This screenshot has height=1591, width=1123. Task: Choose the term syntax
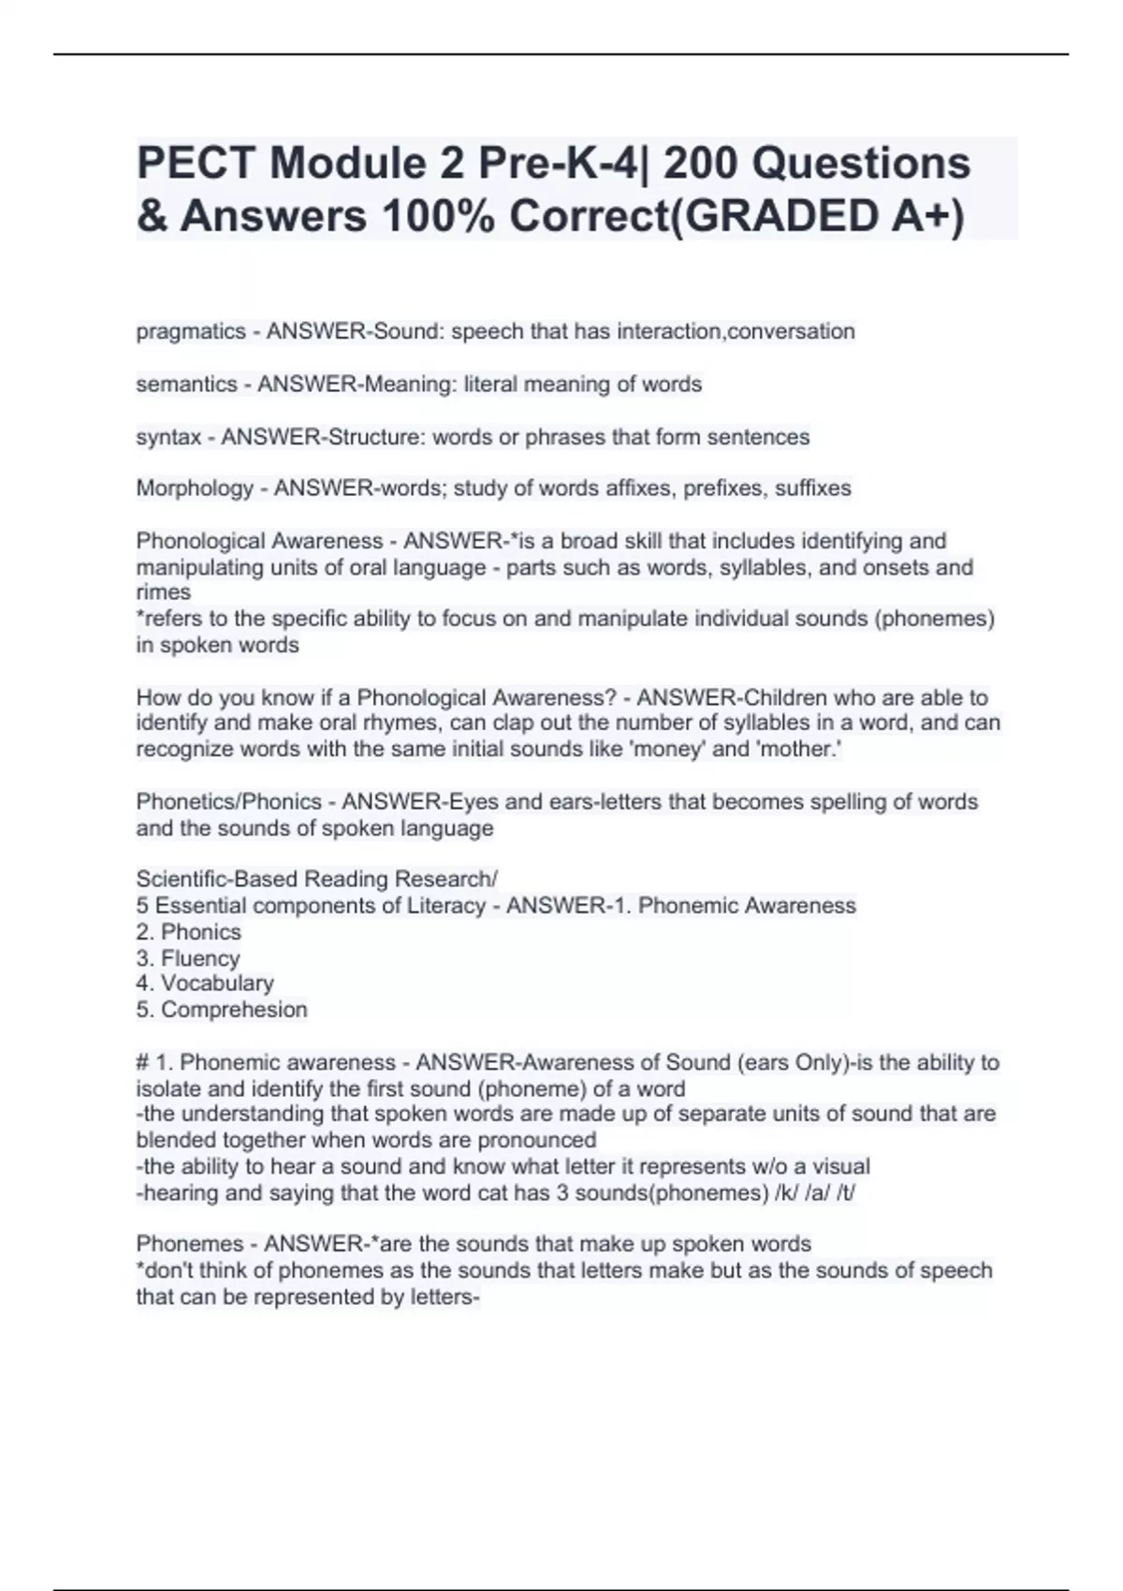168,437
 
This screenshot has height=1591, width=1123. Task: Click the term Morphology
195,489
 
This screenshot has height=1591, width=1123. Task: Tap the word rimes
163,592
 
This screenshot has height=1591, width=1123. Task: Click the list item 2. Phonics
188,932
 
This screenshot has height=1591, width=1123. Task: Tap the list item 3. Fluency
188,958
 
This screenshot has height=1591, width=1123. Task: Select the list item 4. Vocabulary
205,984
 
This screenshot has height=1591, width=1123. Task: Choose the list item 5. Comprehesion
222,1010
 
